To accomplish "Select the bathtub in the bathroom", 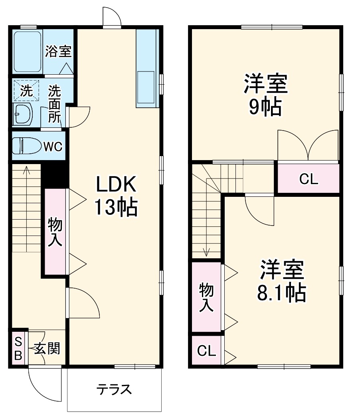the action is point(28,52).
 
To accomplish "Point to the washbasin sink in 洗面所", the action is point(23,114).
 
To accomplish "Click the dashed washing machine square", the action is point(26,91).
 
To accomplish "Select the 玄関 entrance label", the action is point(47,348).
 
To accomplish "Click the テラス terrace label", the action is point(114,389).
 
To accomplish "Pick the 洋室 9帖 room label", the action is point(266,95).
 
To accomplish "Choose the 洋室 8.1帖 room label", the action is point(282,281).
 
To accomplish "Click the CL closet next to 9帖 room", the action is point(308,178).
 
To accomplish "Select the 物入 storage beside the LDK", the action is point(55,231).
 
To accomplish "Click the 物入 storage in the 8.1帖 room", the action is point(206,297).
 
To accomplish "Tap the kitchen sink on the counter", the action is point(145,87).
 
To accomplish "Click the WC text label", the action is point(53,146).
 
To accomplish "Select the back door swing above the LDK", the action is point(112,17).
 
